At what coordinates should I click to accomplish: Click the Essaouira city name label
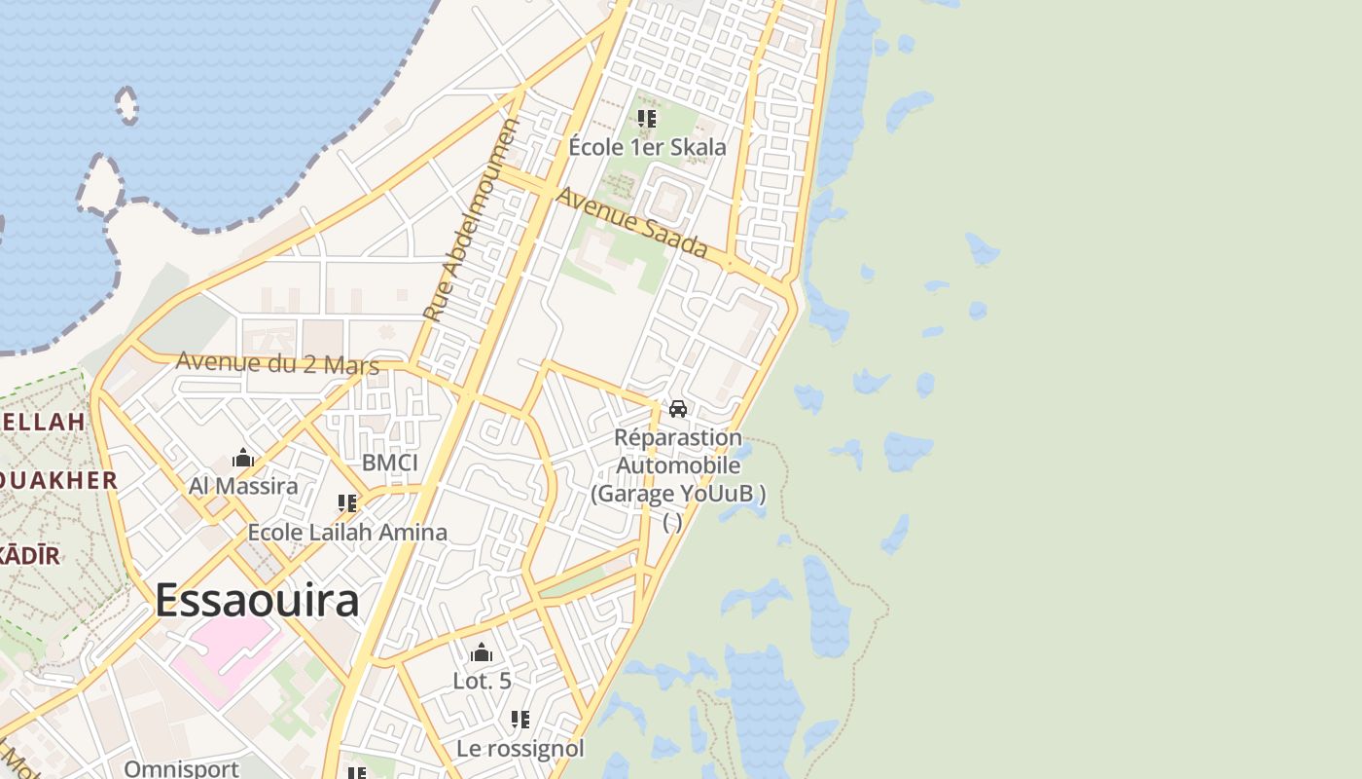[x=257, y=601]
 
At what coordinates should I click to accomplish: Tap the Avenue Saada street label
[x=630, y=223]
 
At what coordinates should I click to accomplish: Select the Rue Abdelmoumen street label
[x=473, y=220]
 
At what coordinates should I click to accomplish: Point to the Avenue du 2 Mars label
[x=277, y=363]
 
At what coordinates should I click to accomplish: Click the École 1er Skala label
[x=647, y=147]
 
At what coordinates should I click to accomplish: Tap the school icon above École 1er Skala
[x=647, y=119]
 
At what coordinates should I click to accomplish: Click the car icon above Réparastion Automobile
[x=678, y=409]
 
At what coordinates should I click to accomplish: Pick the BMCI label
[x=389, y=463]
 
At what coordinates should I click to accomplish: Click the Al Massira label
[x=243, y=485]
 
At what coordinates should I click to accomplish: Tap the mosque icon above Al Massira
[x=243, y=458]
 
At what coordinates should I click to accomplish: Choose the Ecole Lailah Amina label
[x=347, y=533]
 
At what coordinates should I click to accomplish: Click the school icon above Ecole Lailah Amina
[x=347, y=503]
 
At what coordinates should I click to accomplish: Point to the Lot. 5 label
[x=482, y=681]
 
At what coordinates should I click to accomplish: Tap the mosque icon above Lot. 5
[x=482, y=652]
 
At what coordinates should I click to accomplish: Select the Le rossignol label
[x=520, y=749]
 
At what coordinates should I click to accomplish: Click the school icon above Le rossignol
[x=520, y=720]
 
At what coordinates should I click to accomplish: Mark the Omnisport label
[x=181, y=768]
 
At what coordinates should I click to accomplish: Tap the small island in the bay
[x=126, y=104]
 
